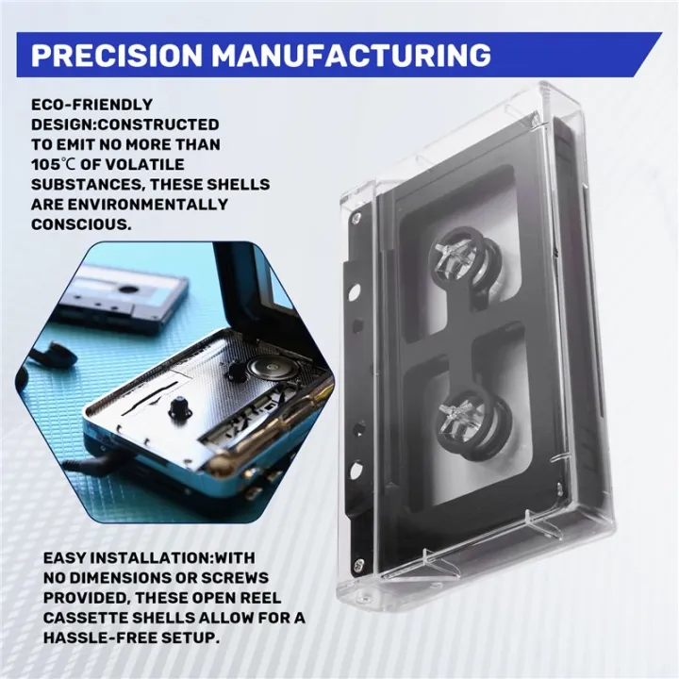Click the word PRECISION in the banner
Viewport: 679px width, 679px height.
(x=117, y=55)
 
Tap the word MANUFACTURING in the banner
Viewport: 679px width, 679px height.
(x=351, y=55)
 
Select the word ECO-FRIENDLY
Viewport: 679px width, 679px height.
(x=91, y=105)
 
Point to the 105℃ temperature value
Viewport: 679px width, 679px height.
(x=53, y=164)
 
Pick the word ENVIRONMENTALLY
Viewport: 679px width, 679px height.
(x=148, y=204)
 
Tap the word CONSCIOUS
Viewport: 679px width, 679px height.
(x=81, y=224)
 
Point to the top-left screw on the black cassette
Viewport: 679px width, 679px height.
(x=356, y=217)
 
